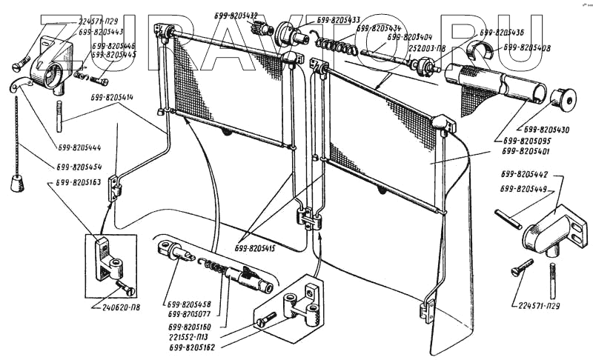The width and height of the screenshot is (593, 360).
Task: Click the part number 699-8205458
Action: [196, 304]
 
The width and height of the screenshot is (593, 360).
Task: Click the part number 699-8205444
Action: [77, 147]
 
